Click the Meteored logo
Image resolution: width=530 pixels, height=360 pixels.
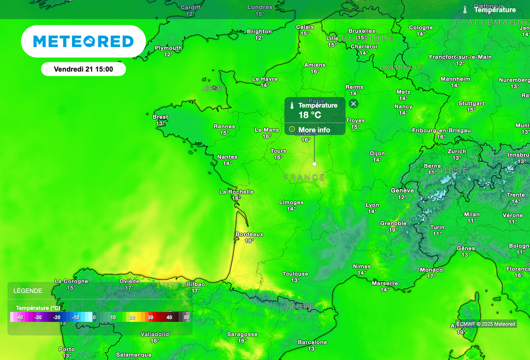point(83,41)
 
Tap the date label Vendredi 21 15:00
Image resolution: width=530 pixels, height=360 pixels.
point(83,69)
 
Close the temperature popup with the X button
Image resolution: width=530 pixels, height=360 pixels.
point(354,104)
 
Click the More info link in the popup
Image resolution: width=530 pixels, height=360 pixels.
point(314,130)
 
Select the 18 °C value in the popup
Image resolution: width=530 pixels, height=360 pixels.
point(310,115)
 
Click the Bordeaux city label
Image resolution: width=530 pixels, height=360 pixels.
point(249,234)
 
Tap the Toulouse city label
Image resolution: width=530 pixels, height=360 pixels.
point(295,274)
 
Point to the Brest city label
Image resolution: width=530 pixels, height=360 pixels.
point(160,117)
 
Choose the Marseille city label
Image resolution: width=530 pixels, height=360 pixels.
point(385,283)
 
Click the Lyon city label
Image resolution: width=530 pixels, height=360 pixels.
point(372,205)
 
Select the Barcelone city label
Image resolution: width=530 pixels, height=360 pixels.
point(312,342)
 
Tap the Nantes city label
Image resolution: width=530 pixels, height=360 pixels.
point(227,157)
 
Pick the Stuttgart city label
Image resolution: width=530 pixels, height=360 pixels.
point(471,103)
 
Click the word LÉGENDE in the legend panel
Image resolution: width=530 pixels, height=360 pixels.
point(28,291)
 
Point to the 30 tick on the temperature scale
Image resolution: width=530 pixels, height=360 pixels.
point(150,317)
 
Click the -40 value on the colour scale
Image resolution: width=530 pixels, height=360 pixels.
point(20,317)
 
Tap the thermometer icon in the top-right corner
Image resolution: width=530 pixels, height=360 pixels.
point(465,10)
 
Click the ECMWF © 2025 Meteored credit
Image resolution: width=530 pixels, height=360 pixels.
point(485,324)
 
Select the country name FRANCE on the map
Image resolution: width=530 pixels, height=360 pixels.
point(304,178)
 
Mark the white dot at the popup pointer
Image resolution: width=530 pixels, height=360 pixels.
point(314,164)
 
